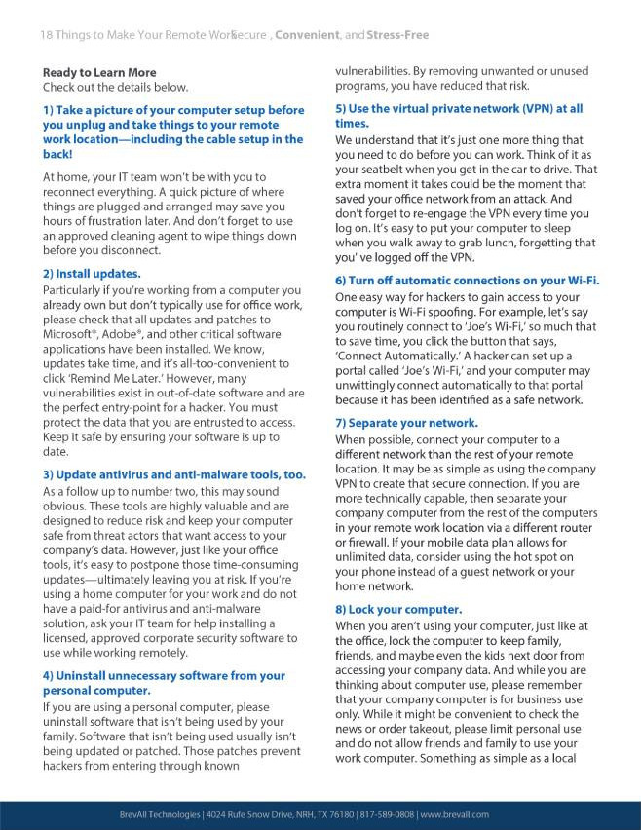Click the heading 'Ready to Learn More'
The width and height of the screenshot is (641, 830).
point(98,72)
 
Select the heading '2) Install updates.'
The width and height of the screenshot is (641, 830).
point(91,274)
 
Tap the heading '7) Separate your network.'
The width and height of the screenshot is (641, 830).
point(406,423)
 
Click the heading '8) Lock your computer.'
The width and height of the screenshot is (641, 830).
point(397,610)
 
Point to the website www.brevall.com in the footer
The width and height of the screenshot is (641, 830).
point(455,814)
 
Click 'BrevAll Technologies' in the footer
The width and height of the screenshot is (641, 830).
point(153,814)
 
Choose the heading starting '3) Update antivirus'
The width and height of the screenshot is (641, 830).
point(173,474)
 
